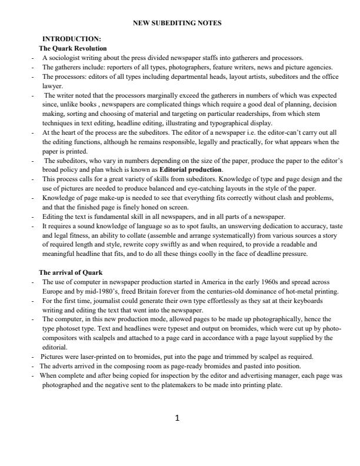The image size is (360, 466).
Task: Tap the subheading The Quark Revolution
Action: click(73, 48)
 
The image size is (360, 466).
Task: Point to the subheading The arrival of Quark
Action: click(71, 272)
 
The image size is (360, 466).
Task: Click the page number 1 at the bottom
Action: click(178, 418)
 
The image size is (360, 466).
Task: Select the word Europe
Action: click(54, 291)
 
